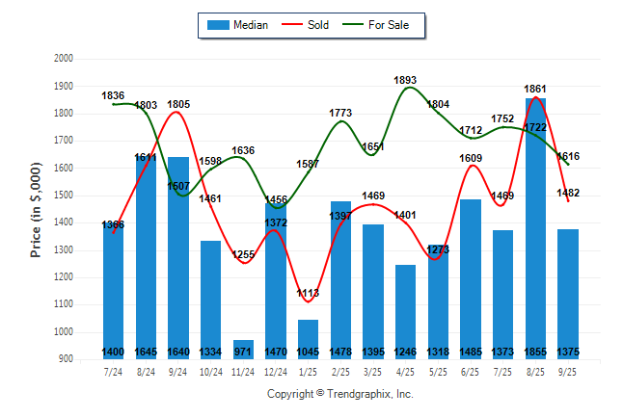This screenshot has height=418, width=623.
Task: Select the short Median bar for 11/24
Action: [x=243, y=349]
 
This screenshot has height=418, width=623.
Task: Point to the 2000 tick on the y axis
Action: [x=64, y=59]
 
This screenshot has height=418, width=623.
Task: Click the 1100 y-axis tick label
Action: [x=64, y=305]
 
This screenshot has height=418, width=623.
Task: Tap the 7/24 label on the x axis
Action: [x=113, y=371]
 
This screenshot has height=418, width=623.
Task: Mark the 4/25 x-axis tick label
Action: [x=405, y=371]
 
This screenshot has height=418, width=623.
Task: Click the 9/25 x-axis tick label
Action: [x=568, y=371]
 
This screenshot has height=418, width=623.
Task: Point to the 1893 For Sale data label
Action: [x=406, y=80]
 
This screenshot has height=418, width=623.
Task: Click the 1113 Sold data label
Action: [x=308, y=293]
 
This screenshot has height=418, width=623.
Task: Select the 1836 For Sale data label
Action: [x=114, y=95]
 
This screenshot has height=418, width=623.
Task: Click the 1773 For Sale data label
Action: [x=340, y=113]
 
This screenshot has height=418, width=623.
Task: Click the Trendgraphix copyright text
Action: [x=339, y=394]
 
